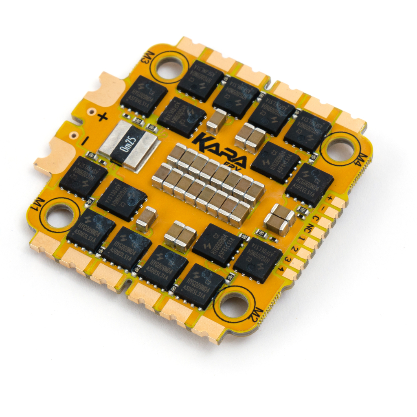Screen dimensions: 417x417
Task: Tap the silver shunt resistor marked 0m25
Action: click(x=128, y=144)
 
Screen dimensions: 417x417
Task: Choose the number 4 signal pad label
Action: click(x=281, y=269)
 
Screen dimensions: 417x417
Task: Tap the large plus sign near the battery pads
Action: click(x=102, y=117)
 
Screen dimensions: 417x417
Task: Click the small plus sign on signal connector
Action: click(x=330, y=199)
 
